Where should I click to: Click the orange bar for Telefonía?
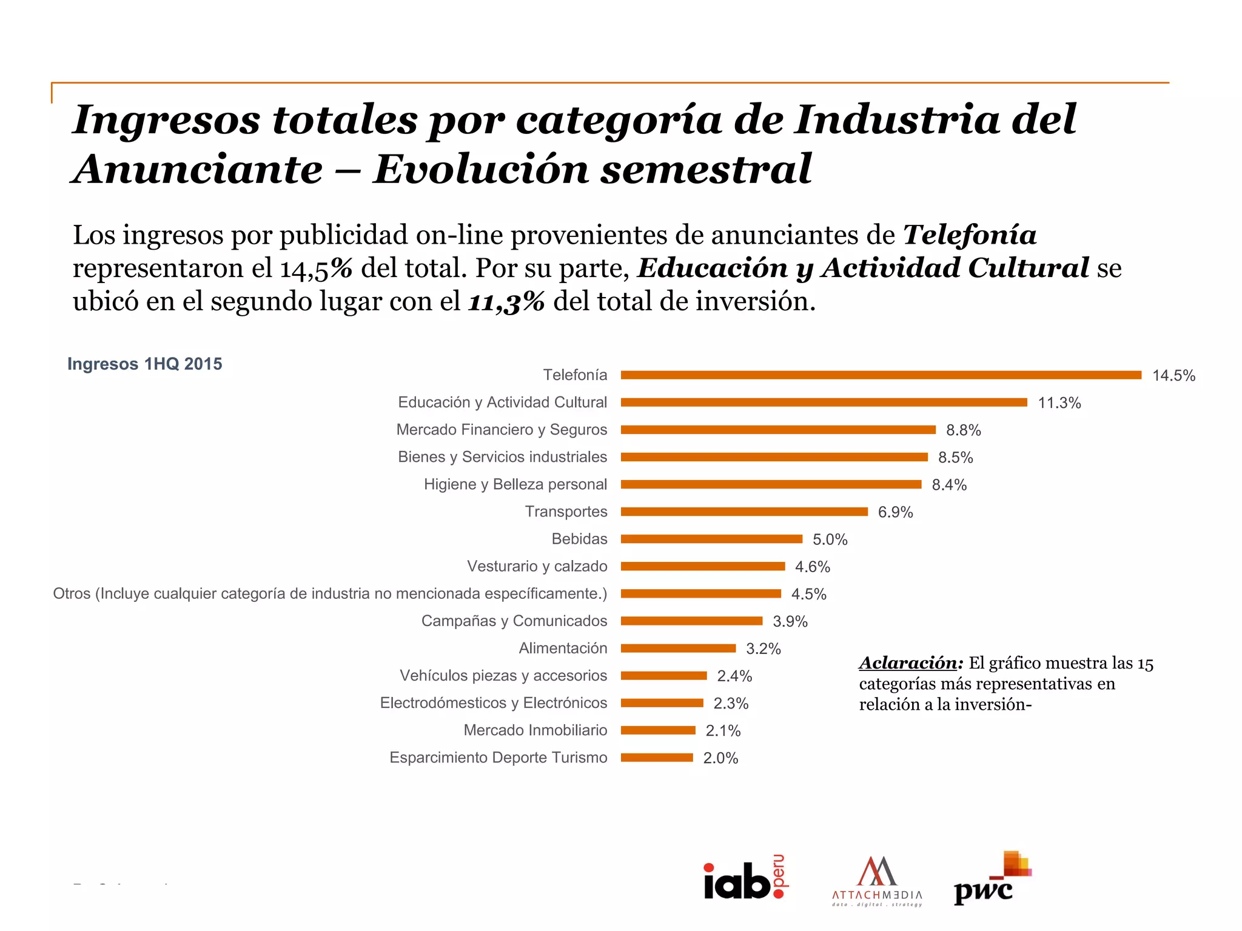click(881, 375)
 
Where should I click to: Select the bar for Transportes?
click(744, 512)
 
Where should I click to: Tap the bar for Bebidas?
click(711, 539)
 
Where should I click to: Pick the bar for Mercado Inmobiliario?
click(658, 730)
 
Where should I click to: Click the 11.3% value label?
click(1059, 403)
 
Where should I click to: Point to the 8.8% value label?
click(963, 430)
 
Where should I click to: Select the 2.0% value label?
click(720, 758)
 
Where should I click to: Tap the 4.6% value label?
click(812, 567)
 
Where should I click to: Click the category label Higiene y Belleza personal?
click(515, 484)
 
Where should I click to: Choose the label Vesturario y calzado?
click(537, 566)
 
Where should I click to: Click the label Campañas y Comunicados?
click(514, 621)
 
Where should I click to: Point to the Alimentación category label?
click(562, 648)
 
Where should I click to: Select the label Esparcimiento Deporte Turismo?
click(498, 758)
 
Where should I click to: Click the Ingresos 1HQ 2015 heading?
click(144, 364)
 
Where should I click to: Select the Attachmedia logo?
click(877, 881)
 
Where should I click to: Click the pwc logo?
click(992, 879)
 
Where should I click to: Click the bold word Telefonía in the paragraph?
click(969, 235)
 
